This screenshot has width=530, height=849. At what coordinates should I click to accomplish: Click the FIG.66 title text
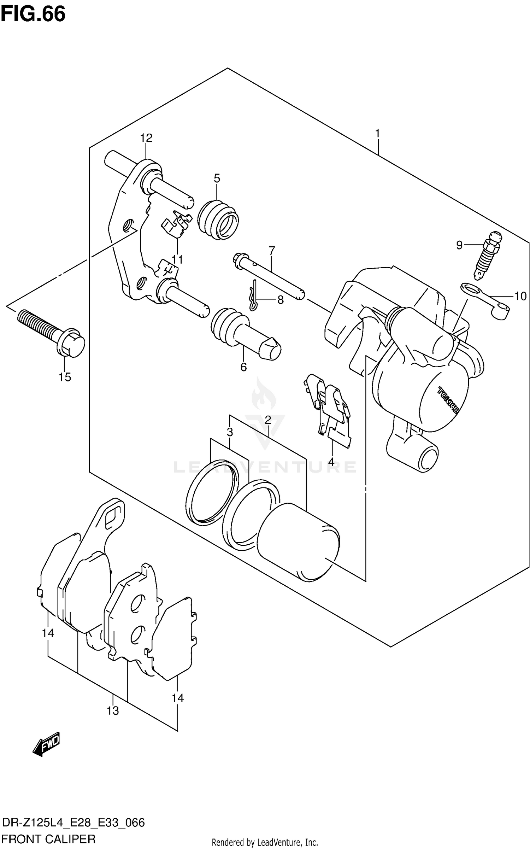pyautogui.click(x=33, y=15)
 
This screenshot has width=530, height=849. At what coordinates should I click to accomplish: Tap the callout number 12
pyautogui.click(x=146, y=138)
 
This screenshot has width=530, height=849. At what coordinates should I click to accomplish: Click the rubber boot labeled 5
pyautogui.click(x=218, y=221)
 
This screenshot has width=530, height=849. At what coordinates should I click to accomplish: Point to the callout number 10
pyautogui.click(x=520, y=296)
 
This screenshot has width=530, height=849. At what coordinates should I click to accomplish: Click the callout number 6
pyautogui.click(x=243, y=367)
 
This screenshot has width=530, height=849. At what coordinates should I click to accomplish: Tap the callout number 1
pyautogui.click(x=377, y=134)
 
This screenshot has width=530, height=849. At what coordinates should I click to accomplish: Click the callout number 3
pyautogui.click(x=230, y=432)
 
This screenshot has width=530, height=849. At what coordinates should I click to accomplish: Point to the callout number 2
pyautogui.click(x=267, y=420)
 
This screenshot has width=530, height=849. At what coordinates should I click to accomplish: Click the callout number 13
pyautogui.click(x=113, y=710)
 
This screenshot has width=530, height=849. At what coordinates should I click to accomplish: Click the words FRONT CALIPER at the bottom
pyautogui.click(x=48, y=839)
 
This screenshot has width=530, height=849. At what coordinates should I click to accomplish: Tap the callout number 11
pyautogui.click(x=177, y=260)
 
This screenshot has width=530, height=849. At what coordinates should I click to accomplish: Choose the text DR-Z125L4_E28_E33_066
pyautogui.click(x=73, y=823)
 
